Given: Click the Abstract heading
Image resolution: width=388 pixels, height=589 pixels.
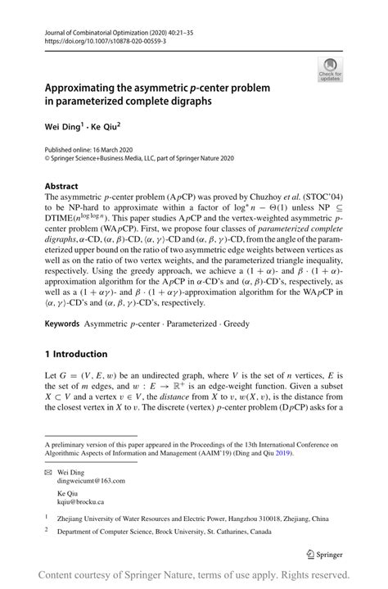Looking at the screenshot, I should click(x=61, y=186).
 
